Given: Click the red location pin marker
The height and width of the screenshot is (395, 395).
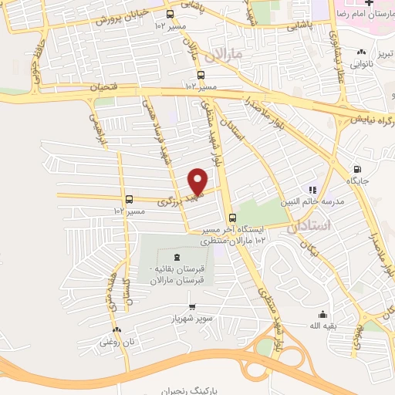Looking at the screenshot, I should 198,181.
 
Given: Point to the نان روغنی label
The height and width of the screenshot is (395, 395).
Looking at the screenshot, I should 110,340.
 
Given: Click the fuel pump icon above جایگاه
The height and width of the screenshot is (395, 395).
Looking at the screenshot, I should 356,169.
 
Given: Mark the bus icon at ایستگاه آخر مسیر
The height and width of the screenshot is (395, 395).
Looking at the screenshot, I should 231,218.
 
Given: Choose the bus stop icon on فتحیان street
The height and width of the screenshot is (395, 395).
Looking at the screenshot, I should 201,75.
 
